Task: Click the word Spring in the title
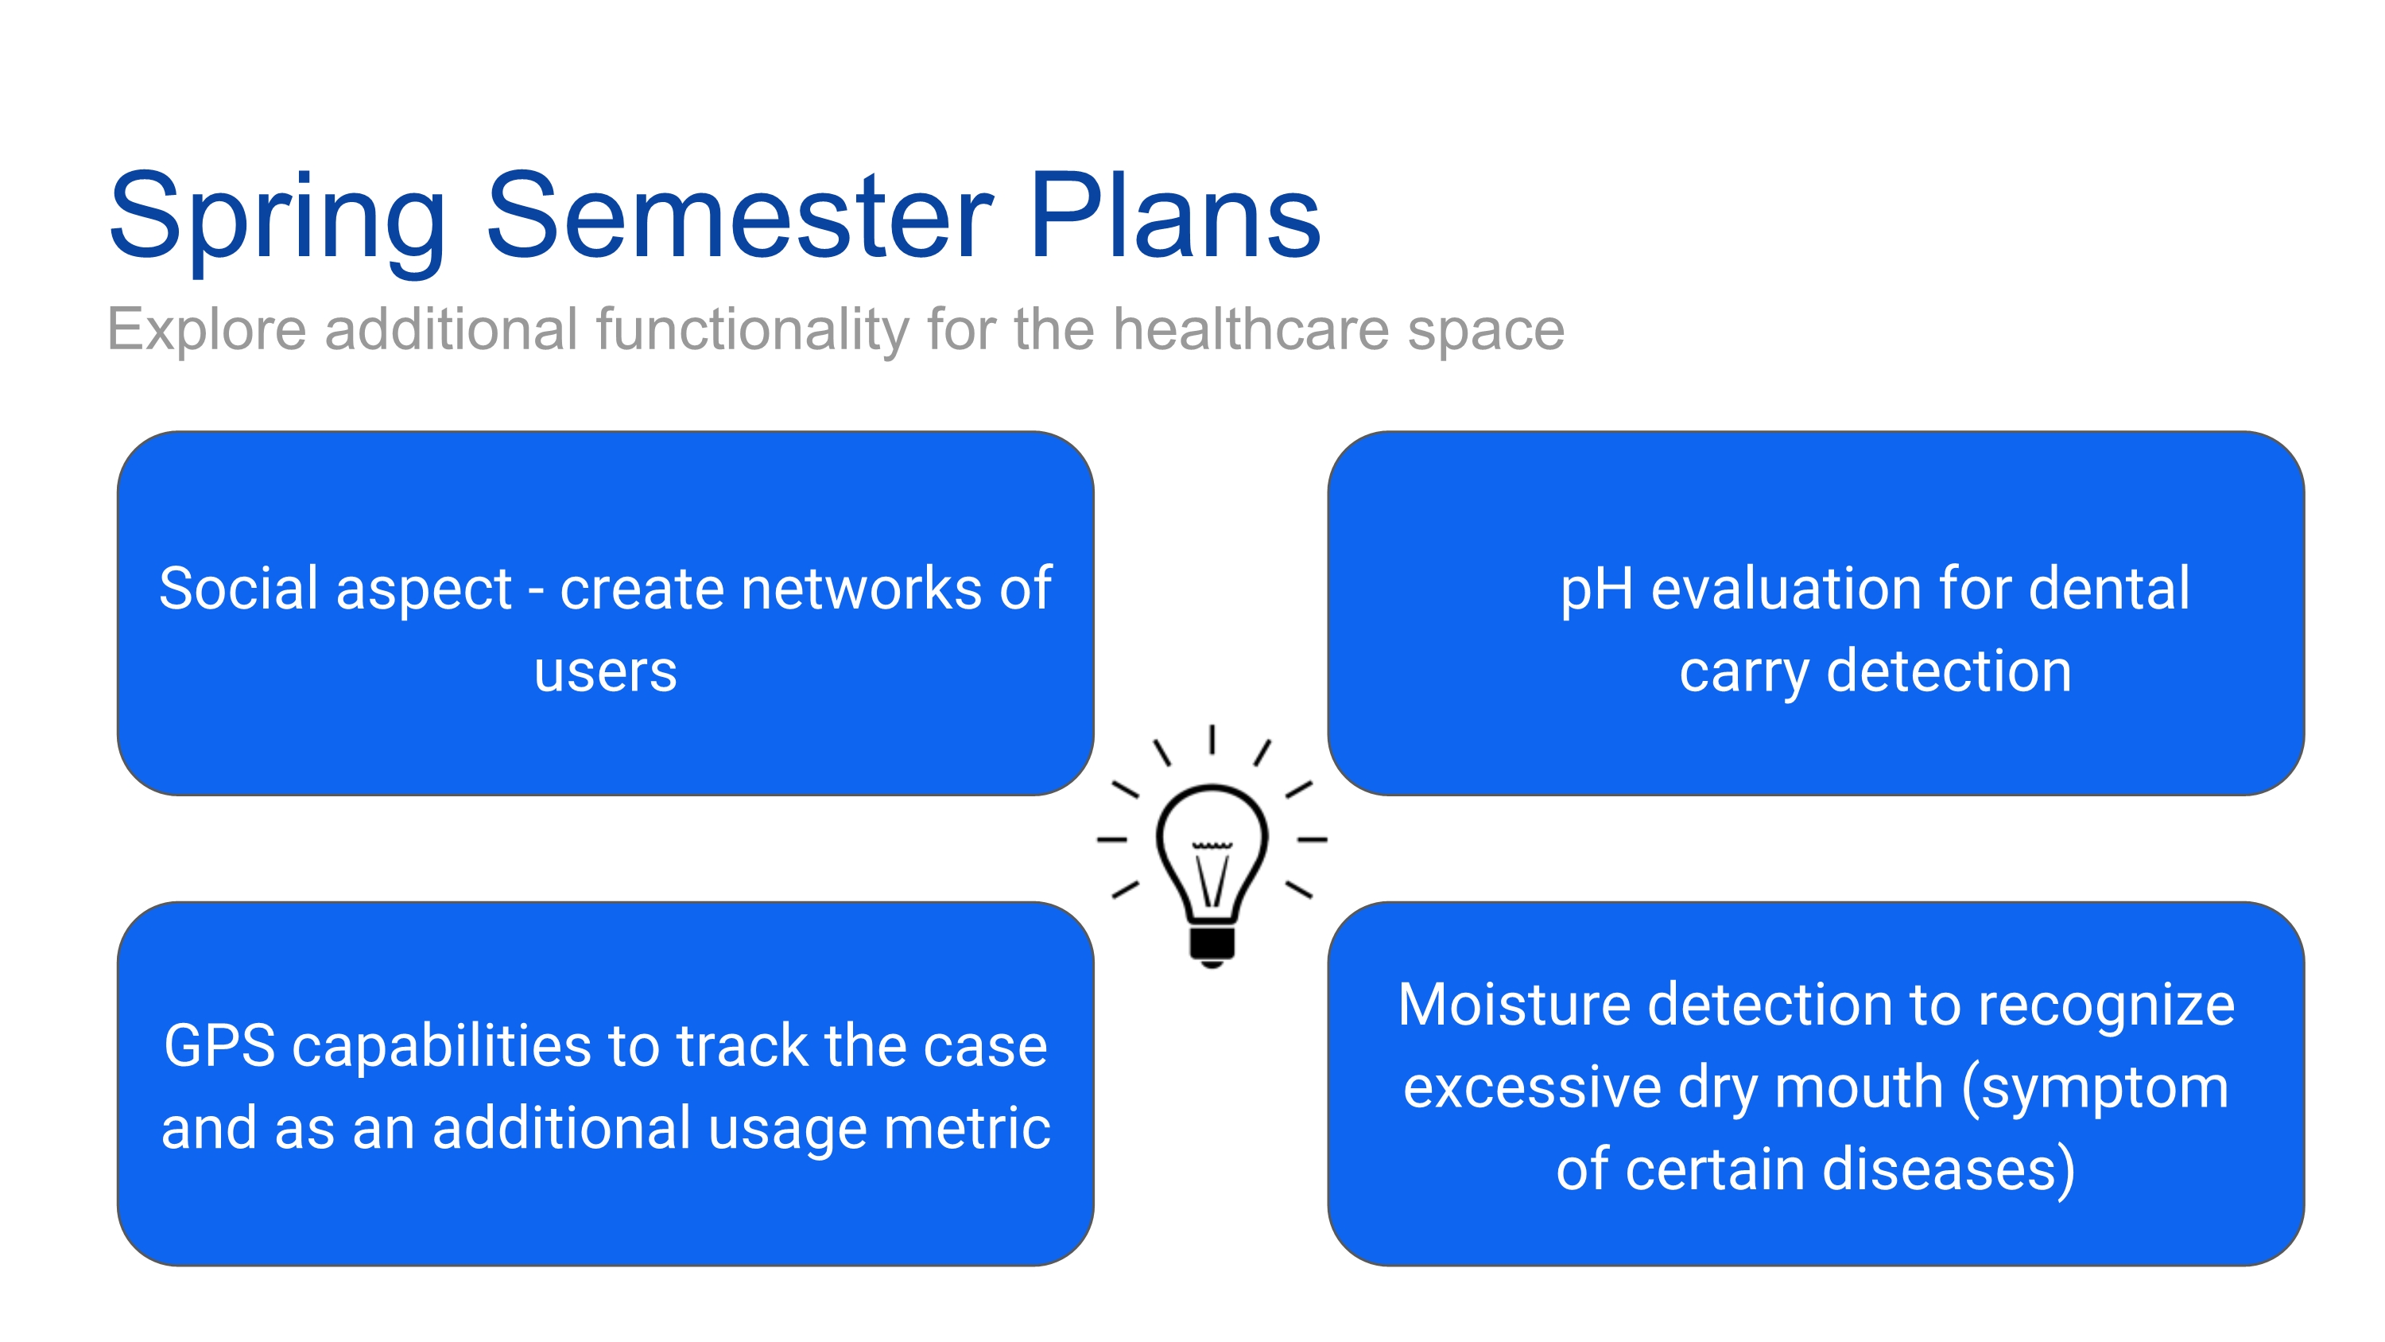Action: click(x=277, y=219)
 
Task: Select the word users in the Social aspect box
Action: click(x=606, y=671)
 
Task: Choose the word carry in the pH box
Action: click(x=1743, y=672)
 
